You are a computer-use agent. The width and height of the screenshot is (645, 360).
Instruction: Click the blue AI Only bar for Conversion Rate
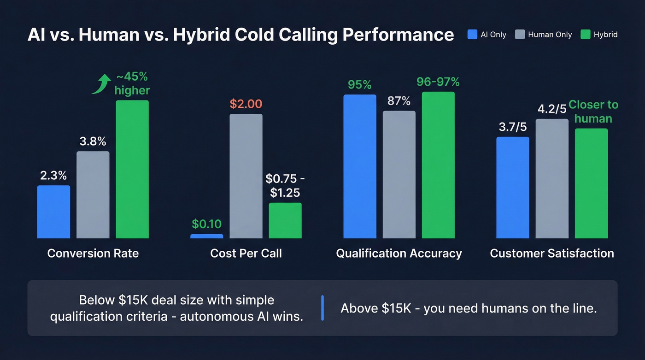pyautogui.click(x=53, y=212)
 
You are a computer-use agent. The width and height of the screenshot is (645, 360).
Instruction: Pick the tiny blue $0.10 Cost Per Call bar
pyautogui.click(x=206, y=236)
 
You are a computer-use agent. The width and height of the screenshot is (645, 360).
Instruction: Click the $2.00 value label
pyautogui.click(x=246, y=104)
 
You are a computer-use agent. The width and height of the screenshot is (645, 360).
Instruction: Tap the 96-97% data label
pyautogui.click(x=438, y=82)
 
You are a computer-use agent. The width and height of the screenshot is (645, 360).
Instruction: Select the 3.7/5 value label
pyautogui.click(x=513, y=127)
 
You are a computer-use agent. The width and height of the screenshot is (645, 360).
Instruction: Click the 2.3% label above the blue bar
pyautogui.click(x=53, y=175)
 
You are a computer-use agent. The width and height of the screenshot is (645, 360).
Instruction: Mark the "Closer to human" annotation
pyautogui.click(x=593, y=112)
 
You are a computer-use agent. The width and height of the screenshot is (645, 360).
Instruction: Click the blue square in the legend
pyautogui.click(x=472, y=35)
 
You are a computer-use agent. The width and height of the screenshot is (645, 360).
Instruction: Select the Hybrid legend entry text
pyautogui.click(x=605, y=35)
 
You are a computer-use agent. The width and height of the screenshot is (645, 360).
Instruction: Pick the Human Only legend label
pyautogui.click(x=550, y=35)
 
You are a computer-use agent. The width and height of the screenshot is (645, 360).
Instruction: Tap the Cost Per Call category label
pyautogui.click(x=246, y=253)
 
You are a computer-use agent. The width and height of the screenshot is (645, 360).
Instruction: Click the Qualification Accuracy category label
pyautogui.click(x=399, y=253)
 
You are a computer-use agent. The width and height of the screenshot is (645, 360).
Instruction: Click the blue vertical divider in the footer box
pyautogui.click(x=322, y=308)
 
